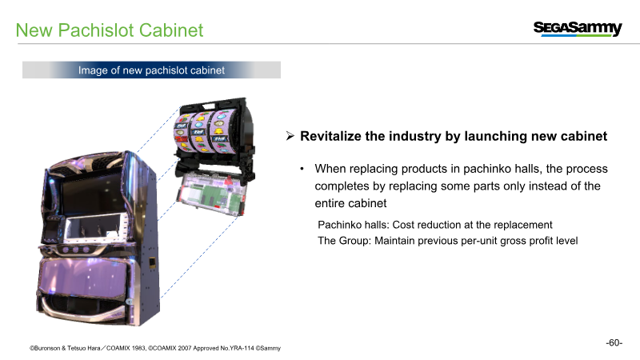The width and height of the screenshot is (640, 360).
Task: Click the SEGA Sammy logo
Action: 578,29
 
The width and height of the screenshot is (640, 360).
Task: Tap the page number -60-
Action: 614,342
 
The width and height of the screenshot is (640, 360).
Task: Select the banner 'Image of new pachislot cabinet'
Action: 151,70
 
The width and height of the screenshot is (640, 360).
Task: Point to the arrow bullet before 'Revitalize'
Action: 290,136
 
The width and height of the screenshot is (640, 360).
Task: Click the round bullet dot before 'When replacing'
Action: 302,169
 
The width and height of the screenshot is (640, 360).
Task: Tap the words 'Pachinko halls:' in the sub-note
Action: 354,225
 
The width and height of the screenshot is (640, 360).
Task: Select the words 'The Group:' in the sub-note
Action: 345,241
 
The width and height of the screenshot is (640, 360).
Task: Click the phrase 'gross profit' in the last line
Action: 512,241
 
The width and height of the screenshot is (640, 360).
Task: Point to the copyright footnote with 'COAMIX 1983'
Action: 155,348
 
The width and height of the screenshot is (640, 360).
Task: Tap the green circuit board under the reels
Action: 211,194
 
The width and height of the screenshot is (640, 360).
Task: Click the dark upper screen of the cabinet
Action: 93,196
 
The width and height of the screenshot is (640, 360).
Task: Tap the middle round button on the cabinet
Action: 75,250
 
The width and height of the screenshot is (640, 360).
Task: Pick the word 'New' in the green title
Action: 34,30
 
